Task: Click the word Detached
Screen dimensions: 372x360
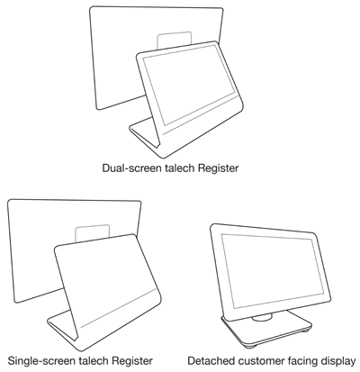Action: click(x=219, y=358)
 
